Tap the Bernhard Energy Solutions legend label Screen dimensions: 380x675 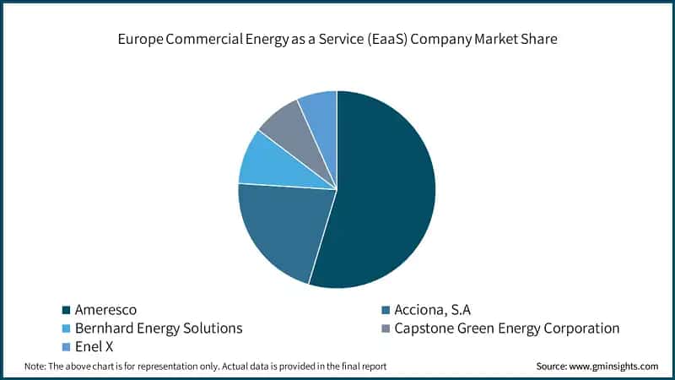(x=159, y=328)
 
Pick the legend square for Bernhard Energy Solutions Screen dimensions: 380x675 (x=67, y=328)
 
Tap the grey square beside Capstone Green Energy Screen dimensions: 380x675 (x=386, y=328)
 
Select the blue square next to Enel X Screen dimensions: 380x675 (x=67, y=347)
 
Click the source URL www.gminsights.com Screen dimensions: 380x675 (x=615, y=366)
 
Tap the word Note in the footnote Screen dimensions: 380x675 (x=35, y=366)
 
